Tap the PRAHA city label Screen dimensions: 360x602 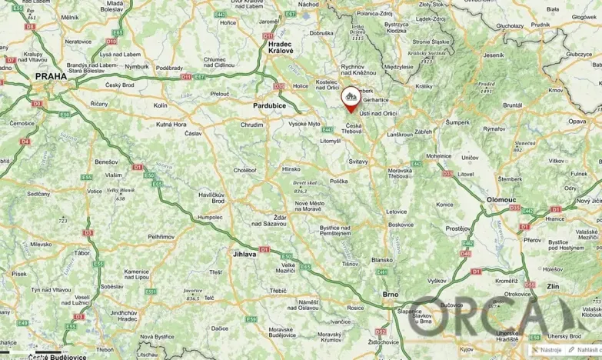[50, 77]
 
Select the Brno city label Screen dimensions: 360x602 [391, 294]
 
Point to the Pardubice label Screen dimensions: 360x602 [270, 105]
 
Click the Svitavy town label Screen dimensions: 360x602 [358, 161]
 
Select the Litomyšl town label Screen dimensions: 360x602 [330, 141]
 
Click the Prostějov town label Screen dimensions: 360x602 [458, 228]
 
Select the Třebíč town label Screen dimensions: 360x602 [278, 290]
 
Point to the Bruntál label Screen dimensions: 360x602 [513, 105]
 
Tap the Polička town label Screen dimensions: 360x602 [338, 181]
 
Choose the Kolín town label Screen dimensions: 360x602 [160, 105]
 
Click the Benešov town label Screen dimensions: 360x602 [105, 162]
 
